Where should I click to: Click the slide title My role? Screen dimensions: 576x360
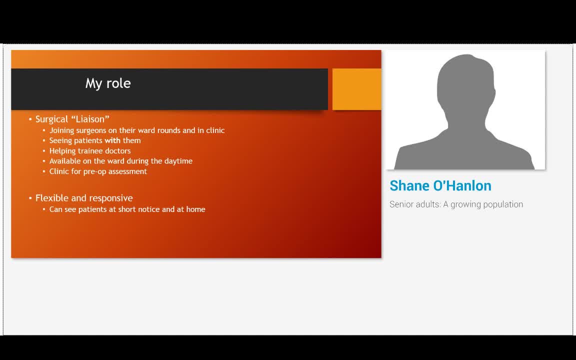pyautogui.click(x=108, y=83)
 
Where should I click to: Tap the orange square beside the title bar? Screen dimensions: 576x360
pyautogui.click(x=356, y=89)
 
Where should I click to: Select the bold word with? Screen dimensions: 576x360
pyautogui.click(x=112, y=140)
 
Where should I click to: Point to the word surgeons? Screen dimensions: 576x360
pyautogui.click(x=91, y=131)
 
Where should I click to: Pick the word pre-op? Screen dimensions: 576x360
pyautogui.click(x=94, y=171)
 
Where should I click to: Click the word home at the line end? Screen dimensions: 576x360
pyautogui.click(x=196, y=209)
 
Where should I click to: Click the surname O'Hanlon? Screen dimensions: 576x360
pyautogui.click(x=462, y=186)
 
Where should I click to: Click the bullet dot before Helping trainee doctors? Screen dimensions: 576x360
pyautogui.click(x=43, y=150)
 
